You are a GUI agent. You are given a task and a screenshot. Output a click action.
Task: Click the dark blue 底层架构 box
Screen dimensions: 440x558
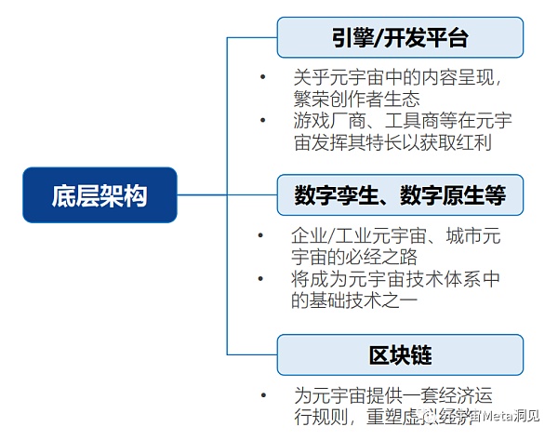(x=100, y=195)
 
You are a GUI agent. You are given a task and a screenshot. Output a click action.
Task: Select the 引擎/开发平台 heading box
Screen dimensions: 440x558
(x=400, y=37)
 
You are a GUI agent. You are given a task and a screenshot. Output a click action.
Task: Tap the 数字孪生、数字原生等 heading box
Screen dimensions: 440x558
(x=400, y=195)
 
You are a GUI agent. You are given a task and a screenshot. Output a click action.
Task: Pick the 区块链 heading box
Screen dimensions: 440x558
(x=400, y=354)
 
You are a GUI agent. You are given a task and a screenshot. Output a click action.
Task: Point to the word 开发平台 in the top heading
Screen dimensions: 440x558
(x=425, y=37)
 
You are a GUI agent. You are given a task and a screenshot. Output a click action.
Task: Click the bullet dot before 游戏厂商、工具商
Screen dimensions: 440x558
(x=262, y=121)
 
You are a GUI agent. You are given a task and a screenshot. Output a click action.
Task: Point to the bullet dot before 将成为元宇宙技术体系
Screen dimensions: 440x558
(x=262, y=279)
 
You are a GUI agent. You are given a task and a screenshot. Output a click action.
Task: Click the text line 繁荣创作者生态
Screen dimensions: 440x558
(x=355, y=99)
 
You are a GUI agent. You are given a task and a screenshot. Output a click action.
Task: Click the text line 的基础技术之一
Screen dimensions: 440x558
(x=355, y=300)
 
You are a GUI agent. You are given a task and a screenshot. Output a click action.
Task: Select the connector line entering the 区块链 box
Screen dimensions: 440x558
(x=253, y=354)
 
